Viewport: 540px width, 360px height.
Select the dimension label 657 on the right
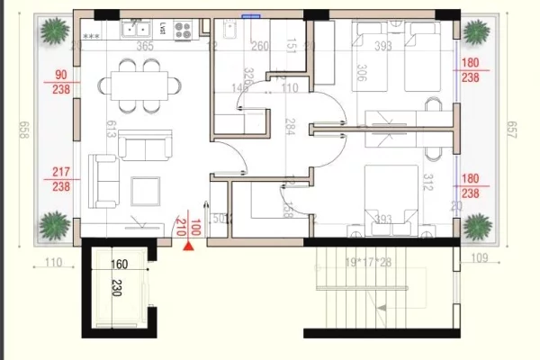(x=512, y=130)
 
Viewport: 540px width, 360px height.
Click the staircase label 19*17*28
(x=369, y=262)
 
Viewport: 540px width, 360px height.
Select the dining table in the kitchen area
(x=139, y=86)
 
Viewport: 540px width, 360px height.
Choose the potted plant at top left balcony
(x=51, y=33)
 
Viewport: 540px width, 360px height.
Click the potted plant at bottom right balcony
(x=477, y=226)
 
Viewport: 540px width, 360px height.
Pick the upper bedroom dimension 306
(x=361, y=73)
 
